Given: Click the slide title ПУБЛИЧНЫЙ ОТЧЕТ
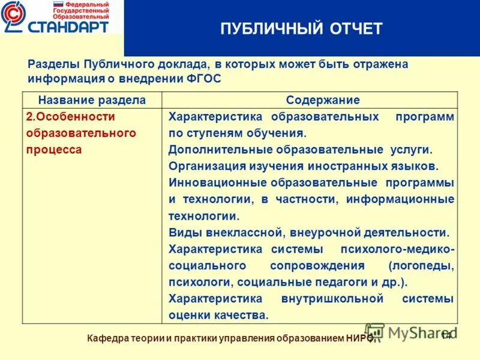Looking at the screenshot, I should (x=301, y=29).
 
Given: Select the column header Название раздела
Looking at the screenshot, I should (x=92, y=100).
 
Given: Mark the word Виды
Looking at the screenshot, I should (x=182, y=232).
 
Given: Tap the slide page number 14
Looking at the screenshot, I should (x=446, y=335).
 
